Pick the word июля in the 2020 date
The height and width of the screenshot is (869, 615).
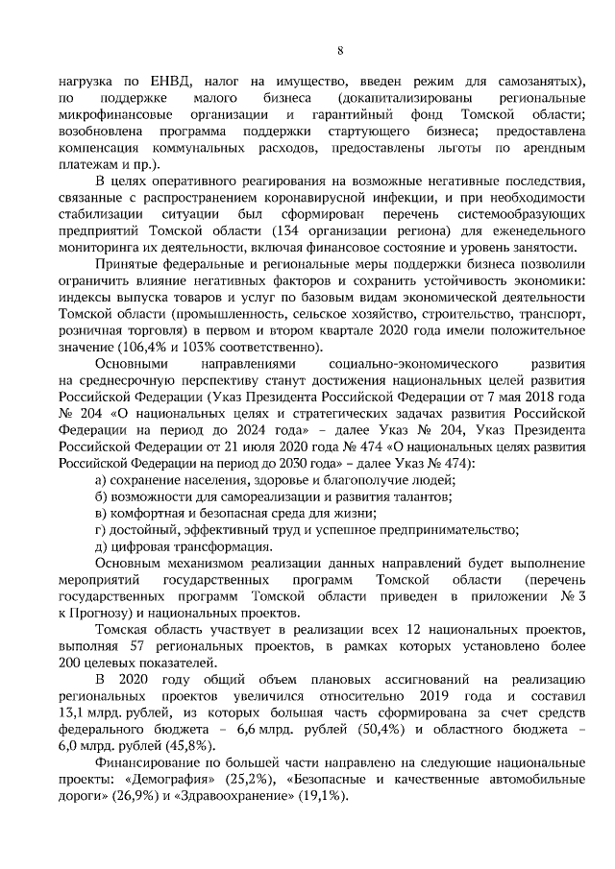272,447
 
